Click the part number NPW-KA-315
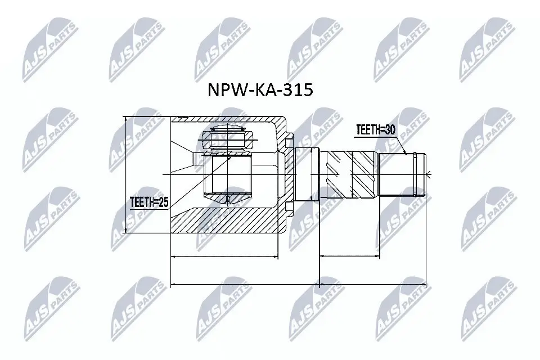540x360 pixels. click(x=260, y=91)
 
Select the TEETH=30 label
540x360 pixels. click(x=375, y=130)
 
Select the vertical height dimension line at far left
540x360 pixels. click(x=126, y=174)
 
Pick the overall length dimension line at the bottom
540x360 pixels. click(x=298, y=285)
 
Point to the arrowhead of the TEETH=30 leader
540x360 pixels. click(x=406, y=153)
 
